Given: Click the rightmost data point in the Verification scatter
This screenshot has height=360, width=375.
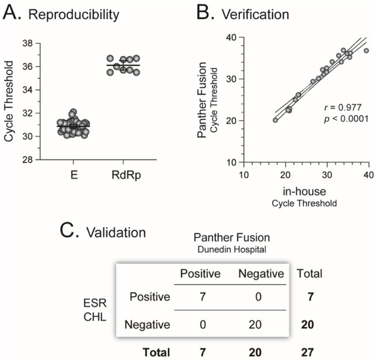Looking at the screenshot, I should point(367,50).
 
